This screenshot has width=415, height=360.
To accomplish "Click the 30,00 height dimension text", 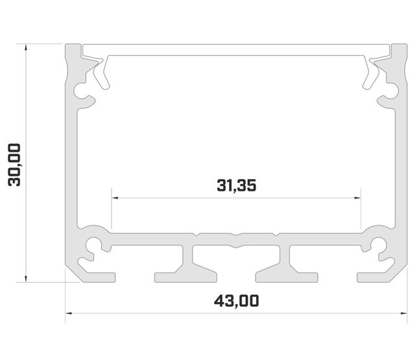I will [x=14, y=165].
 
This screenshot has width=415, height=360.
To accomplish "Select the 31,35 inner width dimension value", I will [x=237, y=186].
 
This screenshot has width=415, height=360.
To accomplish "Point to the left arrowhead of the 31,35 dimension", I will [x=115, y=197].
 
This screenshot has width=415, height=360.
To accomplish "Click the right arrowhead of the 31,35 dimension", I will [x=358, y=197].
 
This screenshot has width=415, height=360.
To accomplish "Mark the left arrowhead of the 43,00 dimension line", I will [x=69, y=314].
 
